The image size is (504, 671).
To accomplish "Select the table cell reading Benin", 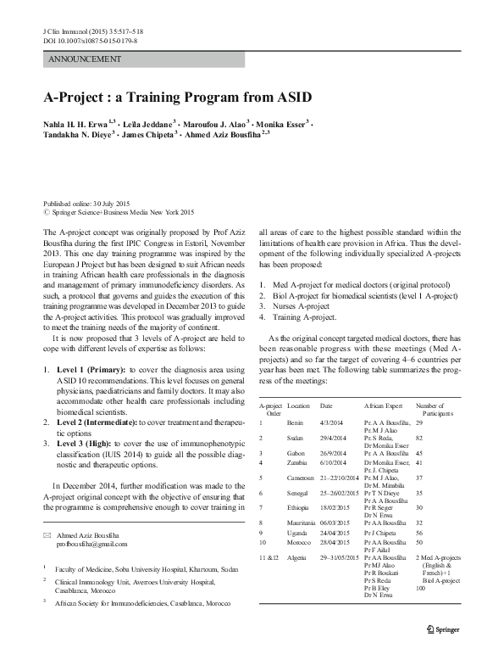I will (x=296, y=421).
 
